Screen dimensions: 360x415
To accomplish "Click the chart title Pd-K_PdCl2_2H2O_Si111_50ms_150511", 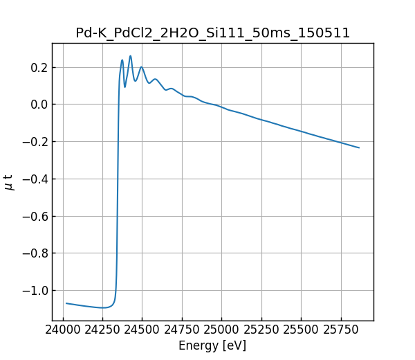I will click(212, 33).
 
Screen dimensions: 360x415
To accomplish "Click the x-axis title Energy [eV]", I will click(212, 345).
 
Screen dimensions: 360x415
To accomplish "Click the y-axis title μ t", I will click(9, 182).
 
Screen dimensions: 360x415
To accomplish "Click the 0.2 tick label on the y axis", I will click(38, 68).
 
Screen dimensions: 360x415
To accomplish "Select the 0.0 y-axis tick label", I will click(38, 105).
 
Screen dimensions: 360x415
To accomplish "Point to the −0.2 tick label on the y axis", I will click(34, 142).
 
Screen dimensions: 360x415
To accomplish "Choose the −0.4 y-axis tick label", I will click(34, 179).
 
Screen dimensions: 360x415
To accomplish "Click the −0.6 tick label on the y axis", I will click(34, 216).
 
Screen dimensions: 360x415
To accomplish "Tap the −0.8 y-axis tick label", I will click(34, 253).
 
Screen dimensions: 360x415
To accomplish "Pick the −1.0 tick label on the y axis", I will click(34, 291).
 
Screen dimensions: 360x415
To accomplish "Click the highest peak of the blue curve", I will click(130, 56).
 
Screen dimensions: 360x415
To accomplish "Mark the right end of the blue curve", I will click(359, 147).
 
